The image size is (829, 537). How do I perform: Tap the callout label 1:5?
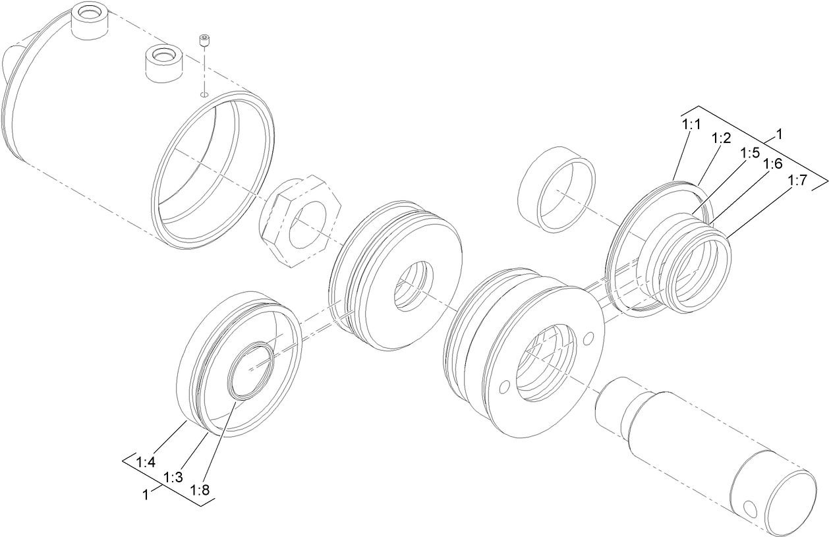click(749, 153)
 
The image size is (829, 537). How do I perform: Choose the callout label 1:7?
click(796, 181)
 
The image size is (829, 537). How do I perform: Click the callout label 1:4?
click(146, 462)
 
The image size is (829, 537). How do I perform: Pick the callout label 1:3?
click(173, 478)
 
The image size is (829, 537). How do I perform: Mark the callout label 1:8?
click(200, 490)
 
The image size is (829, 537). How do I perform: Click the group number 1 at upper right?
click(780, 134)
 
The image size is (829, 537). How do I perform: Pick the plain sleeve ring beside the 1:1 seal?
click(557, 188)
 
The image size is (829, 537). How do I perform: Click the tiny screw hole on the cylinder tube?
click(204, 94)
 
